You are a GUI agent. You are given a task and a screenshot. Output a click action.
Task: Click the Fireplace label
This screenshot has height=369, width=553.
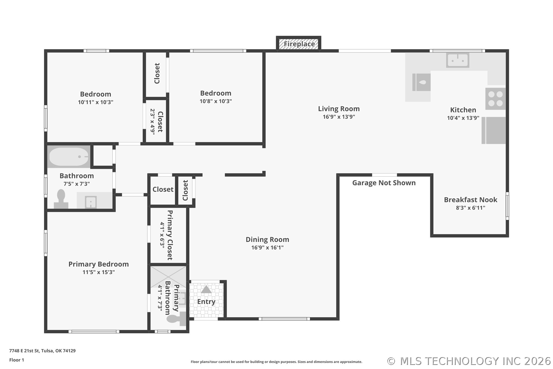299,44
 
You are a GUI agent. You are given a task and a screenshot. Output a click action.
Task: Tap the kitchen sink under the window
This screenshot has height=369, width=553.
458,60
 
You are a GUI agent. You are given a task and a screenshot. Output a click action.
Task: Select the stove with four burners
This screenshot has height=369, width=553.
495,99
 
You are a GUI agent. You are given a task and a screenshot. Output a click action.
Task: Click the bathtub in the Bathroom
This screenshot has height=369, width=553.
69,157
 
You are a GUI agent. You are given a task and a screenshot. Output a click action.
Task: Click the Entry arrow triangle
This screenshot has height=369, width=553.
206,289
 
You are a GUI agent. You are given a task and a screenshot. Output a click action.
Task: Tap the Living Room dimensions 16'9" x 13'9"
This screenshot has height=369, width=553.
339,117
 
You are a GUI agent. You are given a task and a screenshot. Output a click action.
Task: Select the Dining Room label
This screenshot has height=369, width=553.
267,240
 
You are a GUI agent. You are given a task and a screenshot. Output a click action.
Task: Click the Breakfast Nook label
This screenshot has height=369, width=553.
470,200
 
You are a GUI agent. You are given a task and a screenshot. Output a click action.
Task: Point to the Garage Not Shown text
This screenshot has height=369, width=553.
384,183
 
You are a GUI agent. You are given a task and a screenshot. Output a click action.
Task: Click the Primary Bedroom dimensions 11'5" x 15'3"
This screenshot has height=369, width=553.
99,272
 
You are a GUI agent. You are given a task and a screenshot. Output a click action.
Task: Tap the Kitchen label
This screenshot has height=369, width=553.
463,110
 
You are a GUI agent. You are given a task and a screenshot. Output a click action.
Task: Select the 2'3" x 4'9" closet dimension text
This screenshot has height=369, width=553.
153,122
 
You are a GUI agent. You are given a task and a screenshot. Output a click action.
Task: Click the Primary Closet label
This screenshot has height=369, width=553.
170,235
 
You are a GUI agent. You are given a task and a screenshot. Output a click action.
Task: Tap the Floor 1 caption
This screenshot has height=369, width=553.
17,360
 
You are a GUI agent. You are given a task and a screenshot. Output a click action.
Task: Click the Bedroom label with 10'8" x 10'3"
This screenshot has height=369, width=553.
216,93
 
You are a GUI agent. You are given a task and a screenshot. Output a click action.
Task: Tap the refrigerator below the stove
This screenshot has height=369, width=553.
494,131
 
